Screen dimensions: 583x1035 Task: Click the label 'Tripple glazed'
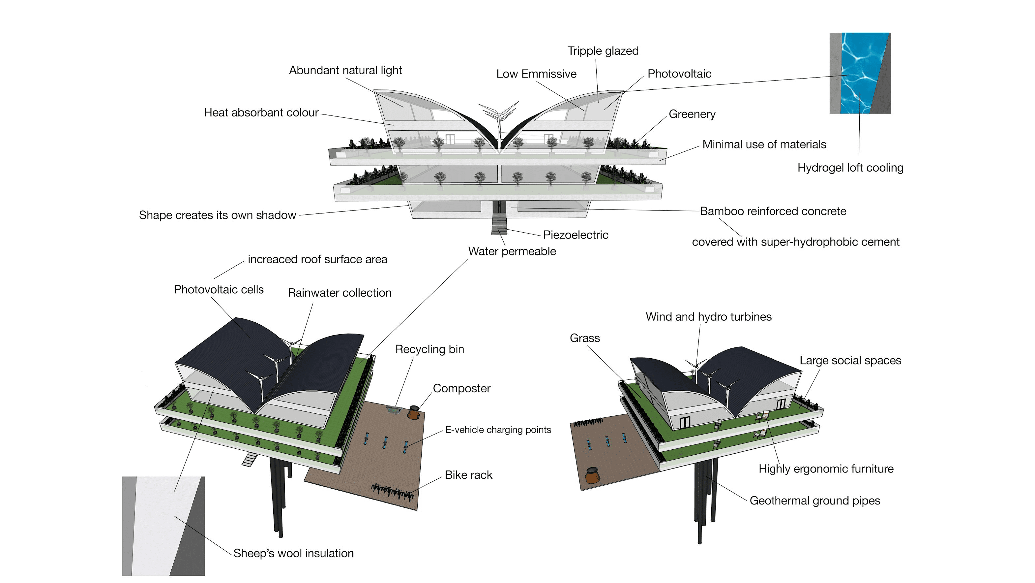click(x=603, y=51)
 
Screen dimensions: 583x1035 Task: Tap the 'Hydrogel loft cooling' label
click(x=850, y=168)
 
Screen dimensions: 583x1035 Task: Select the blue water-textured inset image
click(x=860, y=73)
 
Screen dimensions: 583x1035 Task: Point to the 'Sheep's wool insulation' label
click(x=293, y=553)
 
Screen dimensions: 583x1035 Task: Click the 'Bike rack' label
click(x=468, y=475)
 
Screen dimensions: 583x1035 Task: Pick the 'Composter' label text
click(x=462, y=388)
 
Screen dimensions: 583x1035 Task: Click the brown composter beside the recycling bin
click(x=414, y=412)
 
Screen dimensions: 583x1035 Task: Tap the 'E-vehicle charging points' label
click(x=498, y=430)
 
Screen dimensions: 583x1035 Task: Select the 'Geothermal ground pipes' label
click(x=814, y=501)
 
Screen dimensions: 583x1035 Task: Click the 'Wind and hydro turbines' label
click(x=708, y=317)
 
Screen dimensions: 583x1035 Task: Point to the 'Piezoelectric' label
click(x=576, y=235)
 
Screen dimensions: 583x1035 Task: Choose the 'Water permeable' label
click(x=512, y=251)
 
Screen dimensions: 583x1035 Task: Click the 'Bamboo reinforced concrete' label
click(x=773, y=211)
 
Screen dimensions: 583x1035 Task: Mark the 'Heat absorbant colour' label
click(x=261, y=113)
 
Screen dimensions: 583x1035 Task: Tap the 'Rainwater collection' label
click(x=340, y=293)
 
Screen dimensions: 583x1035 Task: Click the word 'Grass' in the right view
click(x=585, y=338)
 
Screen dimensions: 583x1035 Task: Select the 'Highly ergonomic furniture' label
click(x=826, y=469)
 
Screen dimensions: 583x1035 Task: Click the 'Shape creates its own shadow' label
click(x=217, y=215)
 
